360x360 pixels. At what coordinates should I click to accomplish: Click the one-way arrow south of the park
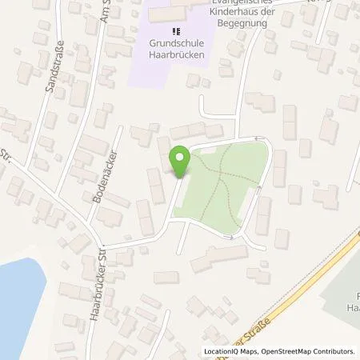click(230, 237)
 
